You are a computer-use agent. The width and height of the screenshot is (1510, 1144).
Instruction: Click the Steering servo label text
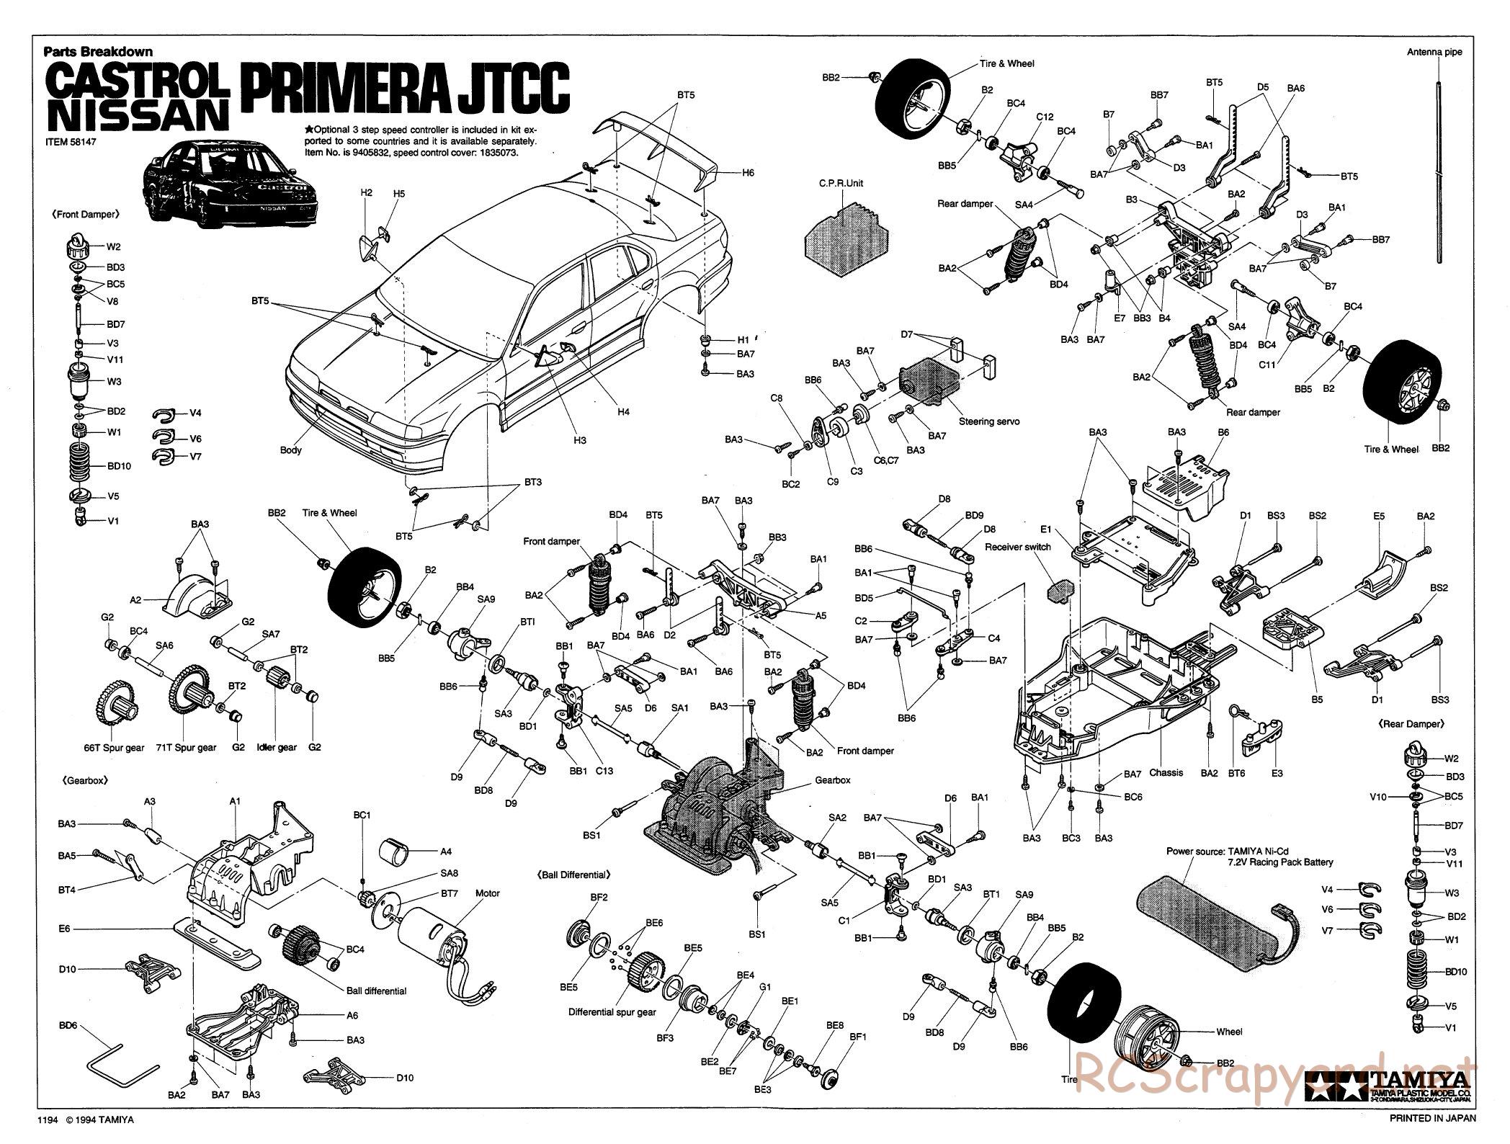(x=989, y=421)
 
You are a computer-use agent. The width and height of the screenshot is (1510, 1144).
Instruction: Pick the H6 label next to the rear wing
(x=748, y=173)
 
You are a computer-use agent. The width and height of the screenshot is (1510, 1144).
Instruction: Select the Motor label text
(x=488, y=893)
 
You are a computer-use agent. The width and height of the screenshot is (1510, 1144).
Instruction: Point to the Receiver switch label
(x=1017, y=548)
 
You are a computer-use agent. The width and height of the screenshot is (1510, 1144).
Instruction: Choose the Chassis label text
(x=1166, y=773)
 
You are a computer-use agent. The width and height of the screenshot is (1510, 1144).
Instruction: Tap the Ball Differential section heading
(x=574, y=875)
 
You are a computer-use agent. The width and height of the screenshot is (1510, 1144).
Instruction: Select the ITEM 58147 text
(x=71, y=142)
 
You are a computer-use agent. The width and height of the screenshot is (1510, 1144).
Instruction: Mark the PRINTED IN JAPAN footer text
(x=1432, y=1119)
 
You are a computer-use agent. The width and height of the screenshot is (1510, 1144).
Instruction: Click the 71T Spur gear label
(x=186, y=748)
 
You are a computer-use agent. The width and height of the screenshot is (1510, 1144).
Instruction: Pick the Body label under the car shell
(x=291, y=450)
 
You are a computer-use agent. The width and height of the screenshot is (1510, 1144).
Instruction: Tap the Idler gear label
(x=277, y=748)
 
